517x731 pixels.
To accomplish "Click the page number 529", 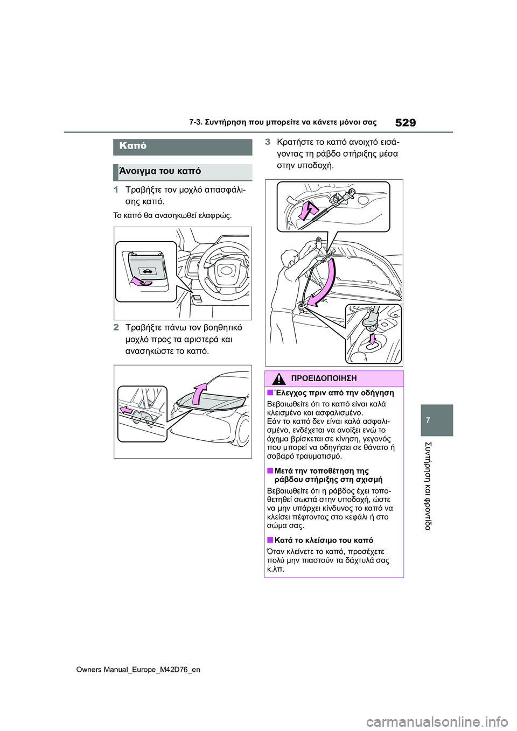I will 405,123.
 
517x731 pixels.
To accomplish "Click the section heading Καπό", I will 133,146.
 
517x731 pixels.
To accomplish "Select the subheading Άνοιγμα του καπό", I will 160,171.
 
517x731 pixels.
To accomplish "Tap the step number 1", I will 116,190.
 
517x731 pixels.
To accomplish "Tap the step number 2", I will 116,327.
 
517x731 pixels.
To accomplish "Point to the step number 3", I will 268,142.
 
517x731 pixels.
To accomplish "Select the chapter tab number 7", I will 428,420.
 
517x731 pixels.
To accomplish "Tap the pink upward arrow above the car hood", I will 200,392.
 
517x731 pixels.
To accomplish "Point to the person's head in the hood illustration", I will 290,258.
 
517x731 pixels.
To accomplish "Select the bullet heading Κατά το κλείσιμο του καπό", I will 324,540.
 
